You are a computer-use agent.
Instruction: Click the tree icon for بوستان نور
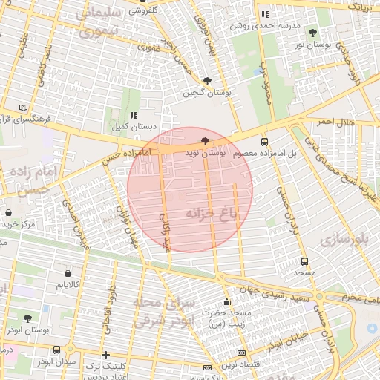(312, 33)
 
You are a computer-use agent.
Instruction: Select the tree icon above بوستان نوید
(205, 141)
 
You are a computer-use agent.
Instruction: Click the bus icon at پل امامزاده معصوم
(265, 142)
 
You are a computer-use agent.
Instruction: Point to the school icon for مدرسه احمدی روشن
(265, 14)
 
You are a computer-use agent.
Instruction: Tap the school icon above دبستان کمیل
(134, 115)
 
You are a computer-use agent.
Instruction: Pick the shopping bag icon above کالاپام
(68, 273)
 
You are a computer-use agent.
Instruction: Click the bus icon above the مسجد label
(304, 262)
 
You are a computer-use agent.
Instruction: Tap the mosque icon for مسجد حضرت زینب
(226, 302)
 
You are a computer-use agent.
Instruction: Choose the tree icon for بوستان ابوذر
(27, 318)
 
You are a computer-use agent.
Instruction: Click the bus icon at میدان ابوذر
(57, 350)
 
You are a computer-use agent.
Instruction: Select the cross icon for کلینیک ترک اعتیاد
(105, 355)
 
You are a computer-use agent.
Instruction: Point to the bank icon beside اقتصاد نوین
(207, 367)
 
